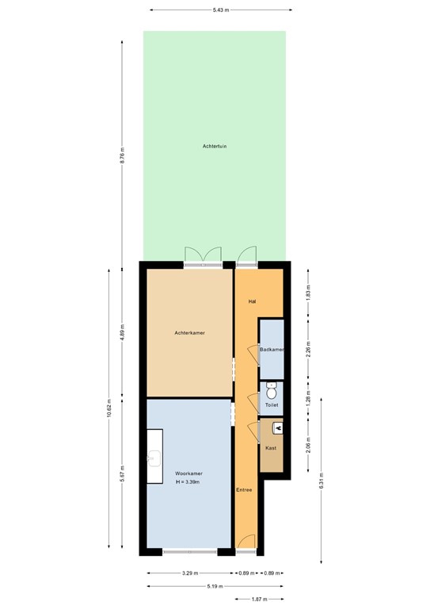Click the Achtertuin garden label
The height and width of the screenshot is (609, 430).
click(215, 146)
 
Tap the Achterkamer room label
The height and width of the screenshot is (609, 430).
click(190, 333)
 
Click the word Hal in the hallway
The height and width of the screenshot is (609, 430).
click(252, 301)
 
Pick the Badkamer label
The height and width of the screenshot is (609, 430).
click(272, 350)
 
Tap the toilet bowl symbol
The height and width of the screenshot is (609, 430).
click(272, 391)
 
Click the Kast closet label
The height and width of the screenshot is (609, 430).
click(271, 448)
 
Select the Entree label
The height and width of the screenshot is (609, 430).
click(244, 490)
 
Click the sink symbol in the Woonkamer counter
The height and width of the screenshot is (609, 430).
click(154, 458)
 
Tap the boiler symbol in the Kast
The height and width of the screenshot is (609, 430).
click(277, 428)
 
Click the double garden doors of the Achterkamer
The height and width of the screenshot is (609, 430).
click(203, 255)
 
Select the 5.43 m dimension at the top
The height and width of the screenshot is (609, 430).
click(220, 10)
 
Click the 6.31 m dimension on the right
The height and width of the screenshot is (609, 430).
click(321, 481)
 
